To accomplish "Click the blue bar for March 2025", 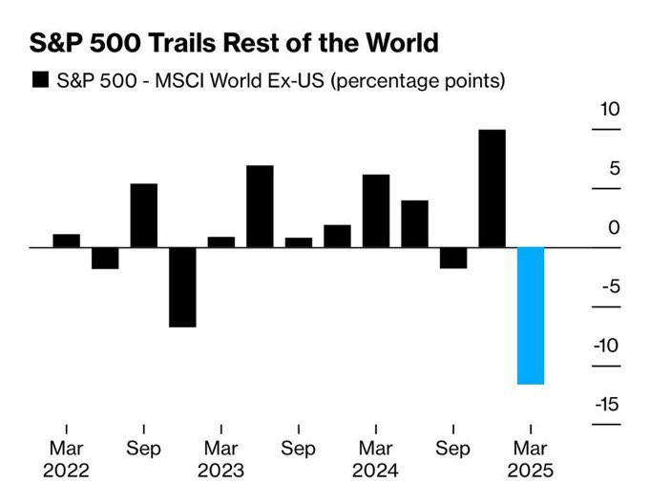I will [x=531, y=315].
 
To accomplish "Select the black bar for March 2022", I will [x=67, y=241].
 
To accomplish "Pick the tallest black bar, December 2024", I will [x=492, y=188].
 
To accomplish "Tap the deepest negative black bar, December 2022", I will [x=182, y=286].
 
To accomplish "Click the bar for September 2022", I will [x=143, y=215].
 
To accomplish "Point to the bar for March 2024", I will [x=376, y=211].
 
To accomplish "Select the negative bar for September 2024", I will [x=453, y=258].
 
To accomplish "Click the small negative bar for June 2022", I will [x=105, y=258].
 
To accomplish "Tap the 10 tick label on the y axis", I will [x=610, y=110].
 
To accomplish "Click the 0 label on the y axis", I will [x=615, y=228].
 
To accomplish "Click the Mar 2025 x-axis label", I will [x=530, y=459].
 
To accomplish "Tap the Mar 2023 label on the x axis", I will [x=220, y=459].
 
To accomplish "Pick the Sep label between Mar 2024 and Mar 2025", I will [x=453, y=448].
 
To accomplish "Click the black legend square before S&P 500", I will [x=41, y=80].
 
